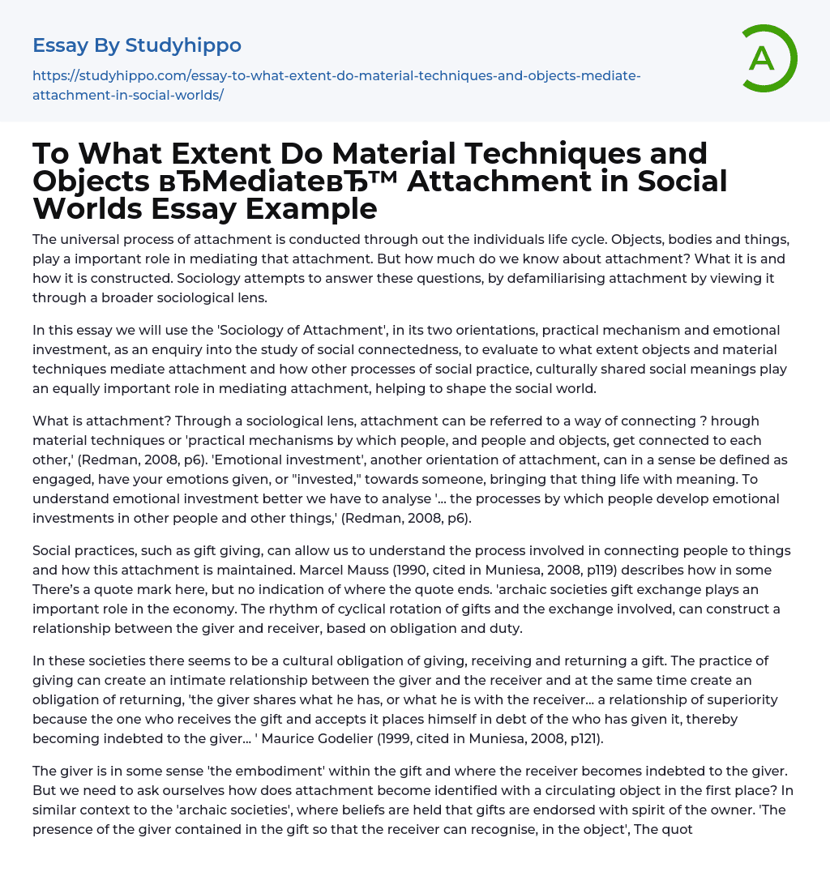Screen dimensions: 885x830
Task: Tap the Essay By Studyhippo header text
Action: point(137,45)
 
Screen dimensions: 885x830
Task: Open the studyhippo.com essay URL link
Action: point(336,85)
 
